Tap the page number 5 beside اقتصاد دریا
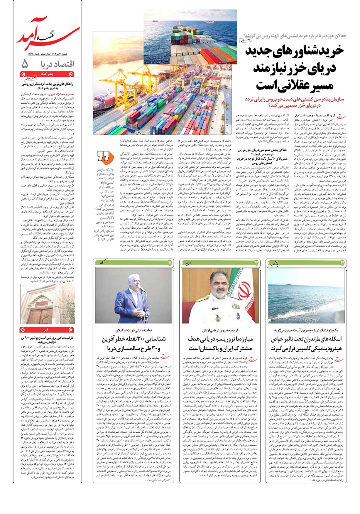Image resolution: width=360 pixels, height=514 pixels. point(25,64)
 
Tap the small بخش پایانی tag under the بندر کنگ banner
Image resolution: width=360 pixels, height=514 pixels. point(39,78)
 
